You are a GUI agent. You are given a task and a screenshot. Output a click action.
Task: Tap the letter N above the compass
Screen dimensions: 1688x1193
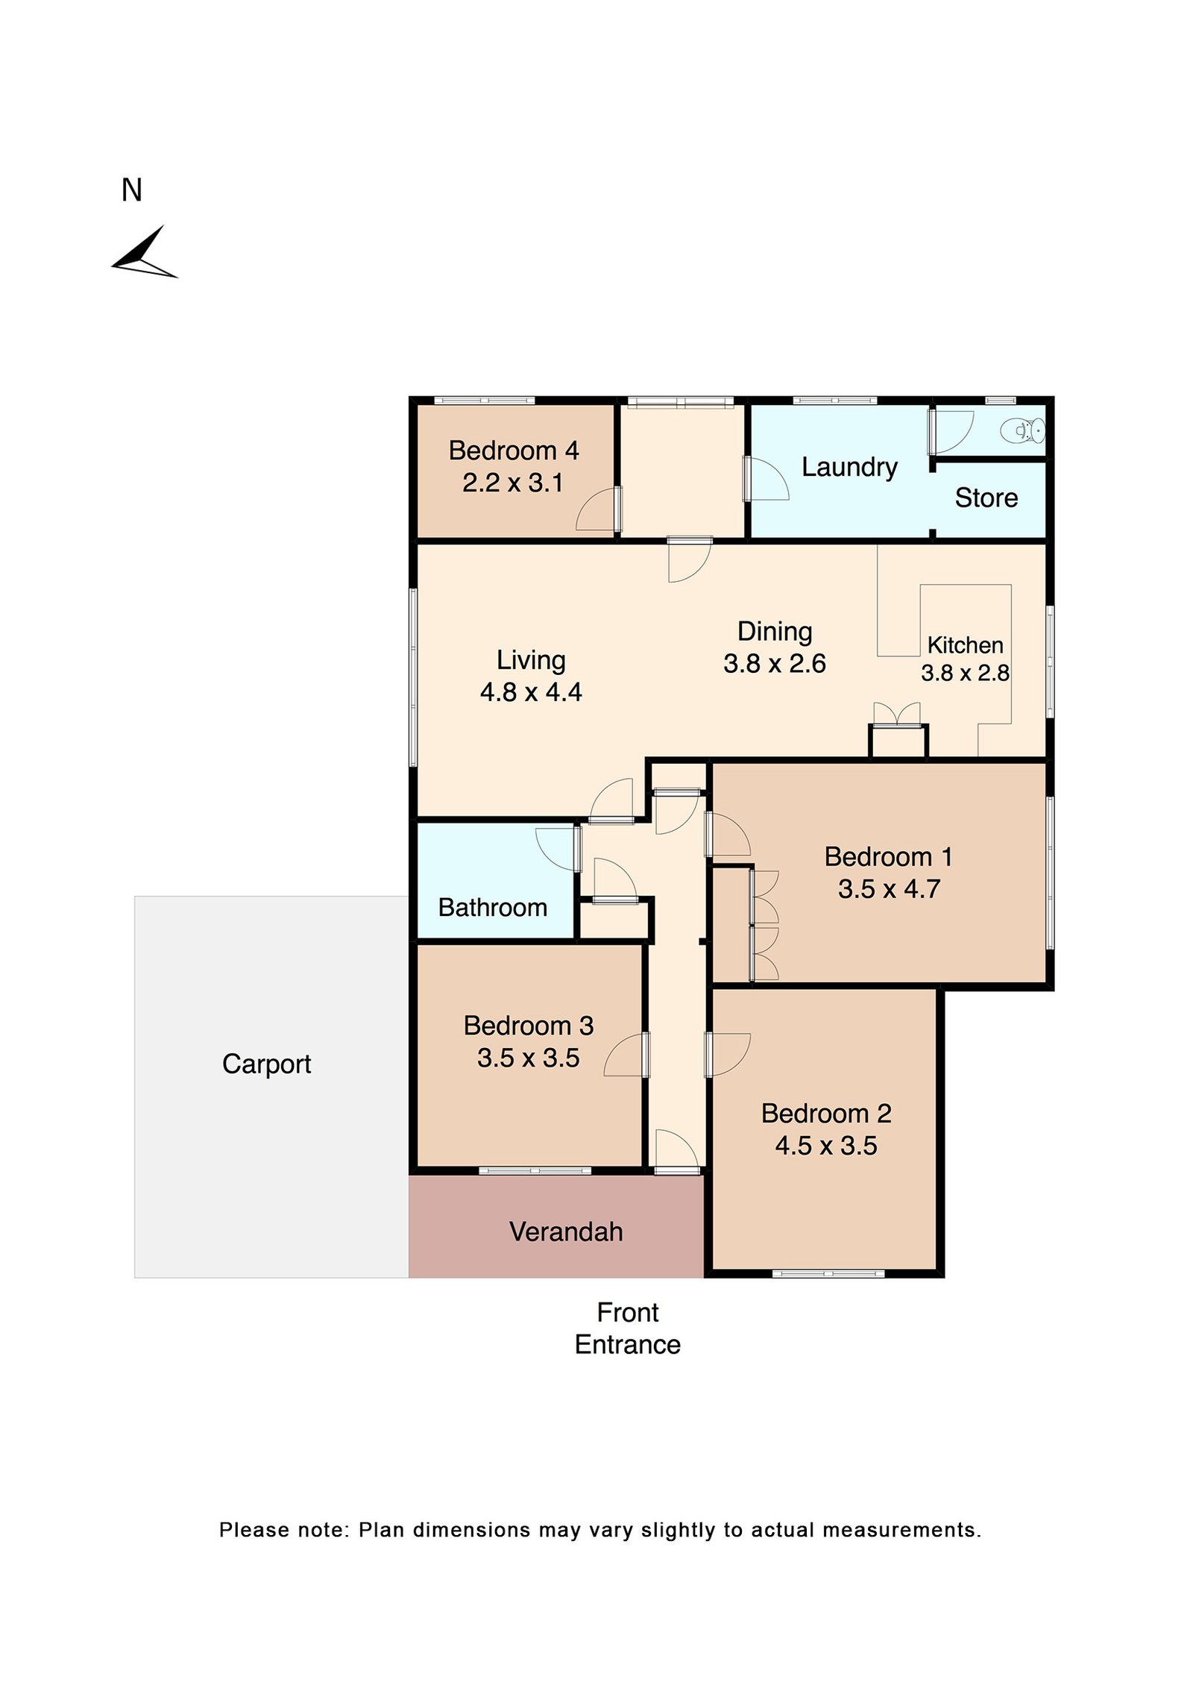(132, 190)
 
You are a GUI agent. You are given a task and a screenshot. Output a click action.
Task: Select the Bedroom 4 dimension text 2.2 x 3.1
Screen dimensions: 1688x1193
(512, 483)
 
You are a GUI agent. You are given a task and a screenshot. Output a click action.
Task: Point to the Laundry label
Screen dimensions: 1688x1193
(849, 467)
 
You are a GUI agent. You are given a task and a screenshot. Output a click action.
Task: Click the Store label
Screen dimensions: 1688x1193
(986, 498)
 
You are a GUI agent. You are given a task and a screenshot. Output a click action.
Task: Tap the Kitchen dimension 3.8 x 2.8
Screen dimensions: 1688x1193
(965, 673)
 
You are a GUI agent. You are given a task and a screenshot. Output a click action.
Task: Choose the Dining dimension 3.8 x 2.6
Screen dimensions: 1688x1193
(774, 663)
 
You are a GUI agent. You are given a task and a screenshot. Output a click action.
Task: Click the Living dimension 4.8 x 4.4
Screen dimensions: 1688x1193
(531, 692)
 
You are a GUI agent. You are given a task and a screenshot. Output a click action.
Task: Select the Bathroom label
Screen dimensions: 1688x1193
(493, 907)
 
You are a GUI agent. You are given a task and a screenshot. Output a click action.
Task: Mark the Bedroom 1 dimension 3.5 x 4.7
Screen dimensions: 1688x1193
(889, 889)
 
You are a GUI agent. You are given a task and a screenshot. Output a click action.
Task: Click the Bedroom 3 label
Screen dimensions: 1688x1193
(528, 1026)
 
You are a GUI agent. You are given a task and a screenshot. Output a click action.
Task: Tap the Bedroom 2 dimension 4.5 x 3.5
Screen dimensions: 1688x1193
(826, 1146)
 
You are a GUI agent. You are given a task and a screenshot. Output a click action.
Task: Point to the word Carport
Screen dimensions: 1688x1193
(266, 1064)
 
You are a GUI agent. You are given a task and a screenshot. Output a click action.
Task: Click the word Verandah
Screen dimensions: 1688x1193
(566, 1232)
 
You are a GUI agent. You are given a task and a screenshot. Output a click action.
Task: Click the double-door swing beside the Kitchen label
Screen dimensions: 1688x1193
(897, 714)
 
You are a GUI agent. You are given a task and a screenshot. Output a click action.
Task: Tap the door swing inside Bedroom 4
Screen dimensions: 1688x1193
(596, 510)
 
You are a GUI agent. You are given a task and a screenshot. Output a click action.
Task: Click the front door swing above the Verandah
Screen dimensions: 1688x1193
(676, 1150)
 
